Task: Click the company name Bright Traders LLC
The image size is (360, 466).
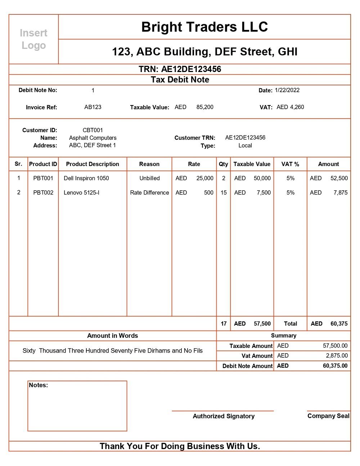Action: coord(204,27)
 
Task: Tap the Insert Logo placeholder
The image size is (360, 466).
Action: coord(33,39)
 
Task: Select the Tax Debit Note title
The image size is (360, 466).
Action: coord(180,80)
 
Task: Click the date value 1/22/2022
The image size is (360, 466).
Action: coord(287,90)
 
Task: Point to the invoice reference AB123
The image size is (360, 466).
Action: coord(93,107)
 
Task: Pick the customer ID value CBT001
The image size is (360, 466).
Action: coord(93,130)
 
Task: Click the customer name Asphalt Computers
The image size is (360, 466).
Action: coord(93,138)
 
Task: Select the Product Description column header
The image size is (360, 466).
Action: coord(93,164)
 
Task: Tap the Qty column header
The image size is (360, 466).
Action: coord(223,164)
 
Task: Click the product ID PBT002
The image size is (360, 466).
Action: coord(43,193)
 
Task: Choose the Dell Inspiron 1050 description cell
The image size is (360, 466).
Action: coord(86,178)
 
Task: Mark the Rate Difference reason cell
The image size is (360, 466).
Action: coord(149,193)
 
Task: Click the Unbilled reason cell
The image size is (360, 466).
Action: coord(149,178)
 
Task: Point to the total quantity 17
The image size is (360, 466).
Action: coord(224,323)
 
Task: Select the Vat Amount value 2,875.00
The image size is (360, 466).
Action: coord(337,355)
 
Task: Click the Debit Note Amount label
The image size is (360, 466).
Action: coord(247,366)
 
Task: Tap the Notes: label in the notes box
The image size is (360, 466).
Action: coord(38,385)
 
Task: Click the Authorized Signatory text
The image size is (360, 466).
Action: coord(224,416)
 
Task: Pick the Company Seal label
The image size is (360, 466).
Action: coord(328,416)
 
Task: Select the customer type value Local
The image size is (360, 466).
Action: coord(245,145)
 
